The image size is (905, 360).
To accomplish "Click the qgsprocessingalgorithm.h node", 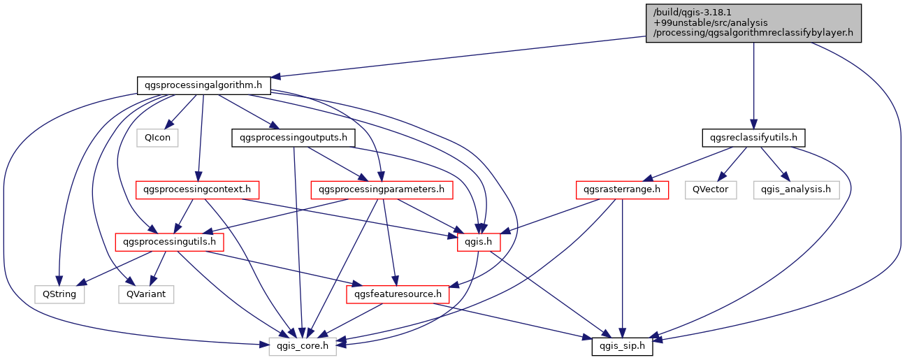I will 203,86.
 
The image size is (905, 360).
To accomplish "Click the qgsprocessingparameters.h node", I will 381,189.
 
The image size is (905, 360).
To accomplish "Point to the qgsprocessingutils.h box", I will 170,242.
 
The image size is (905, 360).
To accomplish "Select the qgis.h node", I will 475,242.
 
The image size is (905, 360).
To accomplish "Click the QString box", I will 59,294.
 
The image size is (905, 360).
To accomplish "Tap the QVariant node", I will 147,294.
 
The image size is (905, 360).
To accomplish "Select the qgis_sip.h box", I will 623,345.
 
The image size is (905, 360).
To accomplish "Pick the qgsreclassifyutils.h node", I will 753,138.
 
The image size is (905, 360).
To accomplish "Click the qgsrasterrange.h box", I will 622,189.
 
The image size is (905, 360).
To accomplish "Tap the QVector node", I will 711,189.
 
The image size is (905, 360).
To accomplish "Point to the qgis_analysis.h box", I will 796,189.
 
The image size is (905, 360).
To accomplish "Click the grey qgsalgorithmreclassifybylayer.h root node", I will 753,23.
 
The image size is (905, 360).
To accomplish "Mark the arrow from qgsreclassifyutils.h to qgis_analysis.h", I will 774,164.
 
